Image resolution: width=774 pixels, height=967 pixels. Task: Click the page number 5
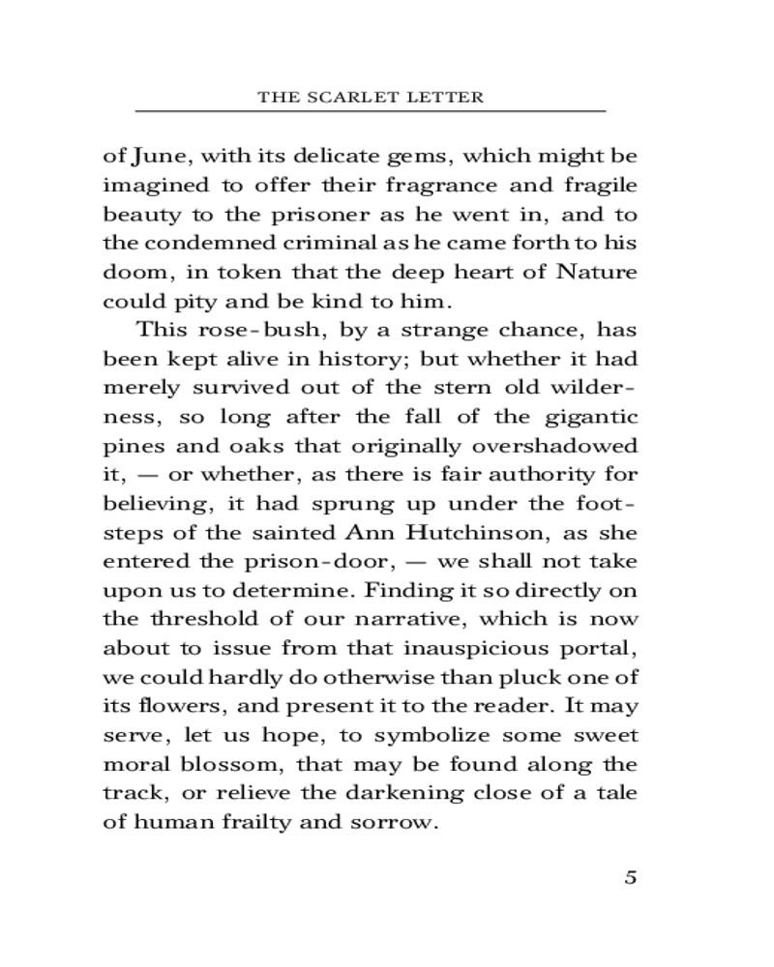tap(630, 878)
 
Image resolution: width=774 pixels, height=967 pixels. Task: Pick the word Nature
tap(597, 272)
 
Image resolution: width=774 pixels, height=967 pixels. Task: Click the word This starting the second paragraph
tap(163, 330)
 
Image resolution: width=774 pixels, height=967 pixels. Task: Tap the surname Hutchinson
tap(466, 533)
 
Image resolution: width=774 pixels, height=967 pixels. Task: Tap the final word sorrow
tap(399, 823)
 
